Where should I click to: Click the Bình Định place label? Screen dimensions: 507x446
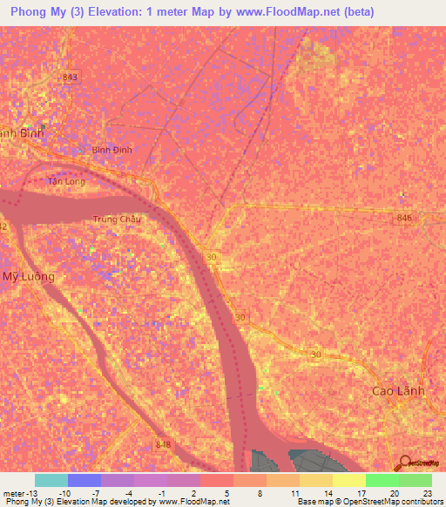point(111,150)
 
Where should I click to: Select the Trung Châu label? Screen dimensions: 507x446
point(117,220)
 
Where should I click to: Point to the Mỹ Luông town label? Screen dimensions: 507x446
point(28,276)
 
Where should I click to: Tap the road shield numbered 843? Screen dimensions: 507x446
point(71,78)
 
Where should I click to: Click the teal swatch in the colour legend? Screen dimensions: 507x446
point(51,480)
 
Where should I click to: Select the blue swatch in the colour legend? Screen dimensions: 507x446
point(84,480)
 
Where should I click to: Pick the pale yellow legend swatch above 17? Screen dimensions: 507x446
point(348,480)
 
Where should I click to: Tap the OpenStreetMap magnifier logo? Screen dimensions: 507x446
point(403,463)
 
